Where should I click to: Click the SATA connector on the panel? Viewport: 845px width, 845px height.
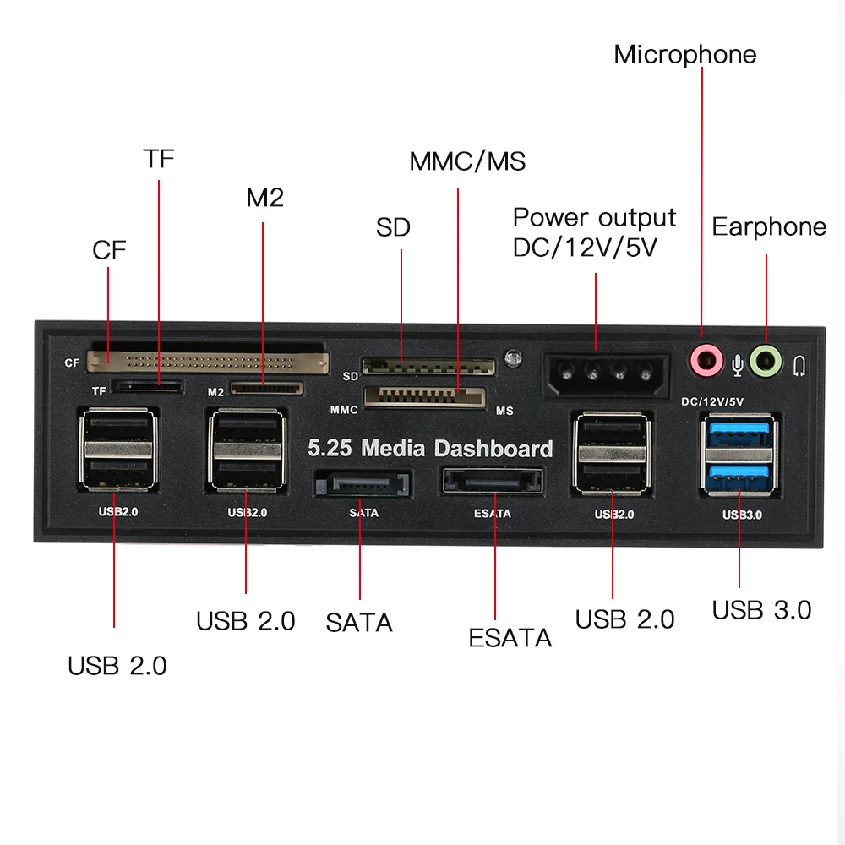(361, 485)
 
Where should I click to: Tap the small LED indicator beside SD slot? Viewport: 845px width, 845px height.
(510, 358)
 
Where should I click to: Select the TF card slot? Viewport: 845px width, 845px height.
(150, 387)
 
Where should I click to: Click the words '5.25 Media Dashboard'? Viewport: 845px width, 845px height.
(430, 448)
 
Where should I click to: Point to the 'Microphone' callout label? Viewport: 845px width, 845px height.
(684, 54)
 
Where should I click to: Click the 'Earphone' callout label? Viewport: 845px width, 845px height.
(769, 226)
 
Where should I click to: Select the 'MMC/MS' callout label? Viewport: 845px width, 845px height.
(467, 161)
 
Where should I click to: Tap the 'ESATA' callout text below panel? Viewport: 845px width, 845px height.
(510, 638)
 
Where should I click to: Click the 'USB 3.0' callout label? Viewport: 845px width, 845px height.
(761, 610)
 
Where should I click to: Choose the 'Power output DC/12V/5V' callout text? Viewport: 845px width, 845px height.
(594, 232)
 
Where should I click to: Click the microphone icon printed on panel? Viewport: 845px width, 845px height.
(738, 364)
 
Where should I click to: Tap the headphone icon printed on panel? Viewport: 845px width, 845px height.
(800, 365)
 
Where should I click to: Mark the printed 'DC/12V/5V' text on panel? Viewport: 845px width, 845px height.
(711, 401)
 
